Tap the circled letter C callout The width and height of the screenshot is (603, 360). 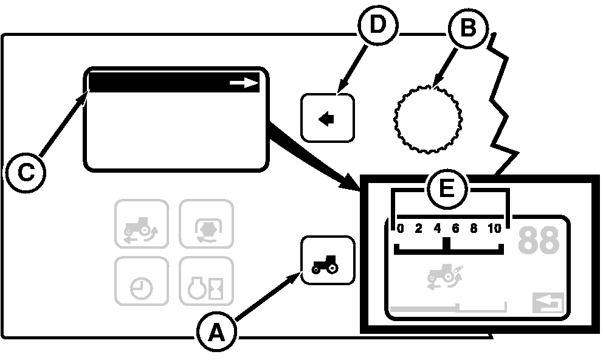26,173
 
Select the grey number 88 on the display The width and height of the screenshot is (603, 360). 538,241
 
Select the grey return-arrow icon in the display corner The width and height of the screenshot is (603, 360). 548,303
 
